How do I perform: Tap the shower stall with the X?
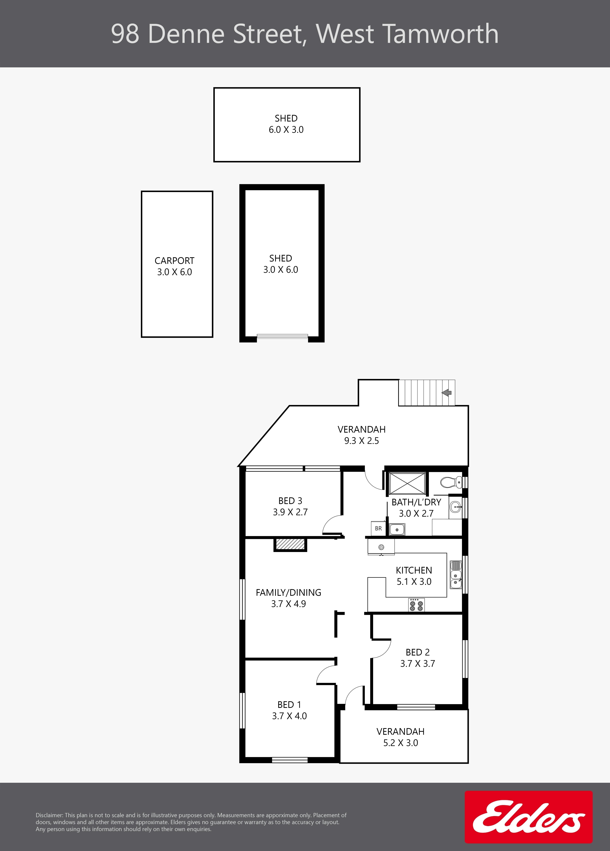(x=407, y=483)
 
